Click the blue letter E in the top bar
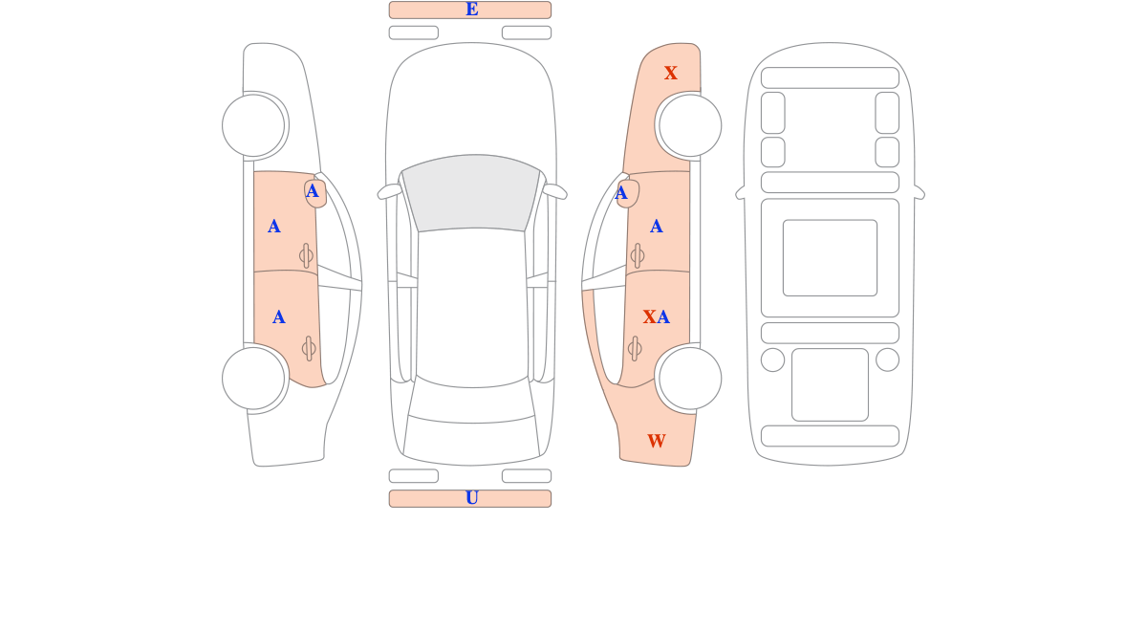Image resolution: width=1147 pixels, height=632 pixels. point(471,10)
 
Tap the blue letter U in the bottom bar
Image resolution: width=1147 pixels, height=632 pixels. point(471,498)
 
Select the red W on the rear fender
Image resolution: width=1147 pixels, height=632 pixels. point(657,441)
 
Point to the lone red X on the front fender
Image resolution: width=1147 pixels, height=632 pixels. point(671,74)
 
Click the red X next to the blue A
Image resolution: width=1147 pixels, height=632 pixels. point(649,317)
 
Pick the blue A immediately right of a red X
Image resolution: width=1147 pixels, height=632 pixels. point(663,317)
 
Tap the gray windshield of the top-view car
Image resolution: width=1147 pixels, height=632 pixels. point(471,192)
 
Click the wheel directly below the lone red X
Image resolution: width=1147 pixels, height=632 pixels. point(690,125)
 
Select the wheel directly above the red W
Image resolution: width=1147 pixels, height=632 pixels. point(690,379)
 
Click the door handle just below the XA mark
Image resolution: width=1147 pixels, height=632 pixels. point(635,349)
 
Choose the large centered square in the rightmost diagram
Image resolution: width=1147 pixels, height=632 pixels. point(830,257)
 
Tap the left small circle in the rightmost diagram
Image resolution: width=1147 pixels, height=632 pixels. point(772,360)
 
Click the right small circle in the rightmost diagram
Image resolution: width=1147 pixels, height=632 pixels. point(887,360)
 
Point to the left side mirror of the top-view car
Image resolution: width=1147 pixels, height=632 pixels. point(389,191)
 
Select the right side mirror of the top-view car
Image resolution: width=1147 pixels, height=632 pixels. point(554,191)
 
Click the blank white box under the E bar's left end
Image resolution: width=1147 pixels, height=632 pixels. point(414,33)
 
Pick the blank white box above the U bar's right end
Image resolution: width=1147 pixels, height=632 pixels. point(527,476)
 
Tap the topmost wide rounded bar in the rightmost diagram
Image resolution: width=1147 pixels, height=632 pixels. point(830,77)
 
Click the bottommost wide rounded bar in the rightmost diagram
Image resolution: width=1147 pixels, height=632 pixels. point(830,436)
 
